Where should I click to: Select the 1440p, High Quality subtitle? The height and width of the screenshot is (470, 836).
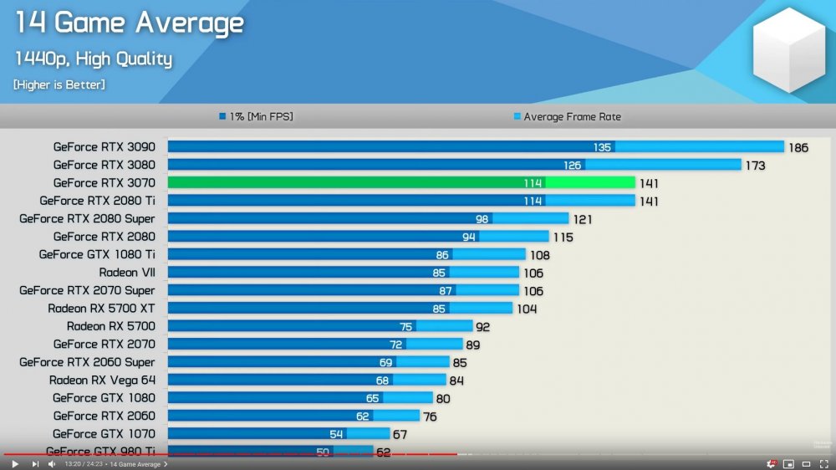[x=93, y=59]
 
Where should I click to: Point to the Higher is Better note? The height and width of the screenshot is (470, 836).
[x=59, y=84]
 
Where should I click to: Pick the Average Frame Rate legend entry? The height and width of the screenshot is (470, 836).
[x=572, y=117]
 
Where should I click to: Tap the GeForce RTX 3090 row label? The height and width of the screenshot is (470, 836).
[x=104, y=147]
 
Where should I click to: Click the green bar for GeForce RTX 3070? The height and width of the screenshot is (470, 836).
[x=401, y=182]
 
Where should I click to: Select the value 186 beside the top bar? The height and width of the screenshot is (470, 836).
[x=798, y=148]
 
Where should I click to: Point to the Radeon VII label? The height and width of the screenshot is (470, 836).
[x=126, y=273]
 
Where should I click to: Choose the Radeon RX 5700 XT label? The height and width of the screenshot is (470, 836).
[x=101, y=309]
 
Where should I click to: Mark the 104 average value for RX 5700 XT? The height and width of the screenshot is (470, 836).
[x=527, y=309]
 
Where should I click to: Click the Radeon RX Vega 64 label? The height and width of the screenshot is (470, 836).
[x=102, y=381]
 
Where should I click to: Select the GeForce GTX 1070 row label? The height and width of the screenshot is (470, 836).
[x=104, y=434]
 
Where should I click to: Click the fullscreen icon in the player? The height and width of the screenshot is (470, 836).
[x=823, y=463]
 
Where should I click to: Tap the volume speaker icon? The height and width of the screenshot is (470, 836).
[x=52, y=463]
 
